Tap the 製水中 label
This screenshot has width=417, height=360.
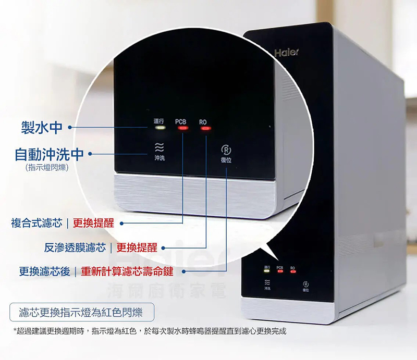click(42, 126)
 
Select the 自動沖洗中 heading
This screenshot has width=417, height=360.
click(49, 154)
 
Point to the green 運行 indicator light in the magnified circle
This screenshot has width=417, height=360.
click(159, 128)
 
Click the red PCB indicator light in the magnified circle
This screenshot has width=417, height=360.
click(181, 128)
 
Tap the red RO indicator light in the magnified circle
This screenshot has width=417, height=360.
click(204, 128)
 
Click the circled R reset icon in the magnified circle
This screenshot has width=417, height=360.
click(226, 148)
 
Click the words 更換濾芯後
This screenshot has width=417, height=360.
click(44, 271)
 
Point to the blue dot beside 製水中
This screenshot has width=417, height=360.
click(69, 126)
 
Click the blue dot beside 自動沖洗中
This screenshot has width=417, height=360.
click(91, 154)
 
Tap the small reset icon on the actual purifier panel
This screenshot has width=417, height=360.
click(305, 284)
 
